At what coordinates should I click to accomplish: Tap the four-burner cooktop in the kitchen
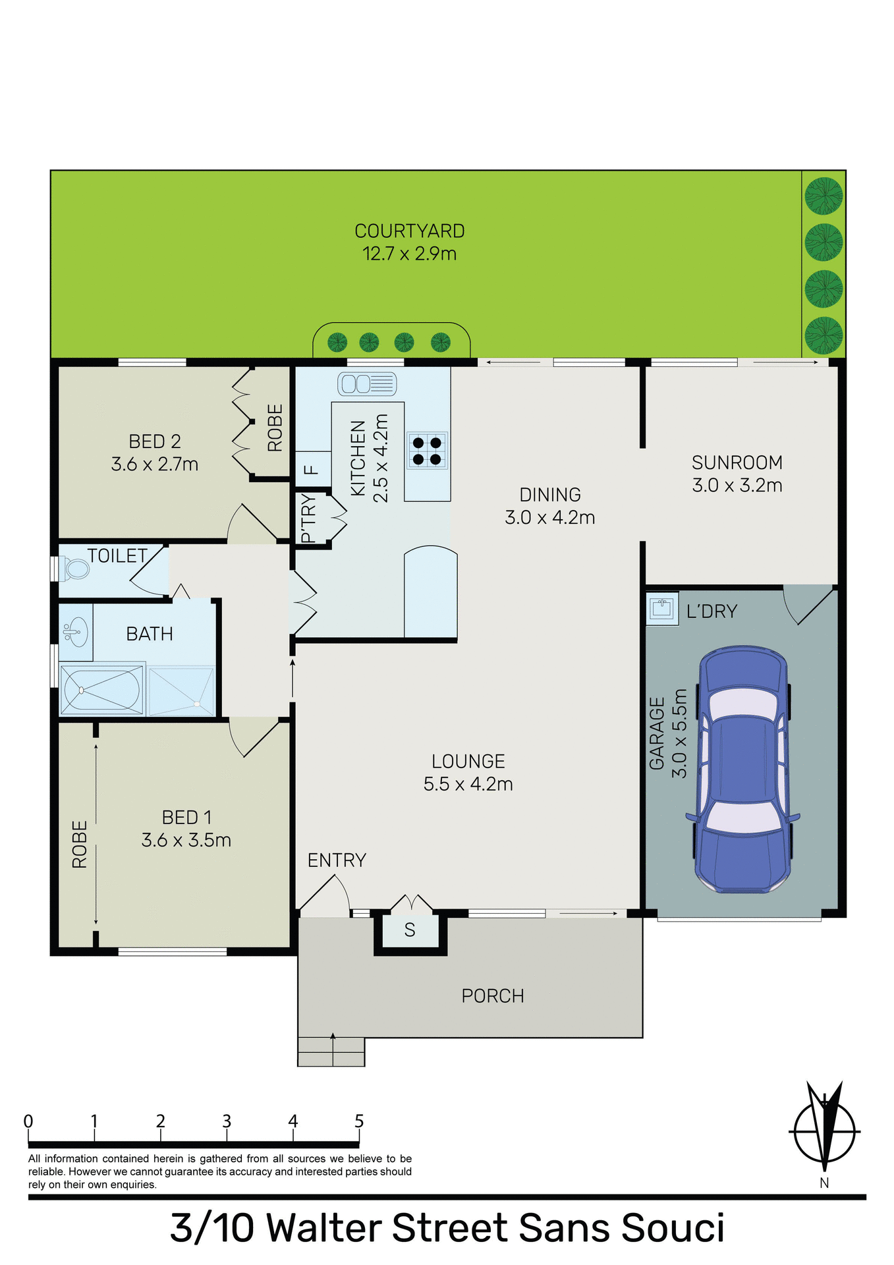tap(427, 451)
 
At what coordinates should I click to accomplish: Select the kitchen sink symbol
tap(367, 383)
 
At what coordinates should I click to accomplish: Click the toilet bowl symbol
tap(75, 568)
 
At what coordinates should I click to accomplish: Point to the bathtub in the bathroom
tap(101, 690)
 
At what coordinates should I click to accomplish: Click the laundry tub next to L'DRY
tap(661, 608)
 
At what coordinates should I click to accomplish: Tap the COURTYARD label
tap(409, 231)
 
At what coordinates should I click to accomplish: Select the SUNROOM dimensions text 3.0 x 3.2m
tap(737, 486)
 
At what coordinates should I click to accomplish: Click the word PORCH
tap(492, 996)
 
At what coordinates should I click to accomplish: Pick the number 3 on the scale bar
tap(227, 1121)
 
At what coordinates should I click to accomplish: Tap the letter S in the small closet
tap(410, 930)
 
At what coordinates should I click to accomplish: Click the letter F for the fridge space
tap(312, 470)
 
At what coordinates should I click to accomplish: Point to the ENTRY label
tap(337, 860)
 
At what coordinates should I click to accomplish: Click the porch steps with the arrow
tap(331, 1051)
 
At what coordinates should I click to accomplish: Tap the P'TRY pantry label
tap(308, 519)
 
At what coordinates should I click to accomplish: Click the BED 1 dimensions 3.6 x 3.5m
tap(186, 840)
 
